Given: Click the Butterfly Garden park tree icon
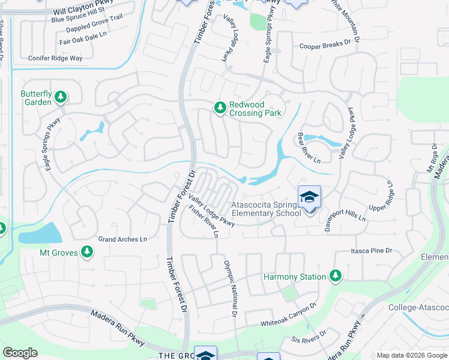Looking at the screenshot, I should pyautogui.click(x=61, y=96).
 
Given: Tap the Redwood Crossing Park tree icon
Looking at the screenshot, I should pyautogui.click(x=220, y=107).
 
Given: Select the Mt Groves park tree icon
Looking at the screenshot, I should pyautogui.click(x=88, y=253).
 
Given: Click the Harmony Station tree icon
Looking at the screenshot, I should pyautogui.click(x=335, y=276).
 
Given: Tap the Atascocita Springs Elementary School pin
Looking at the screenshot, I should pyautogui.click(x=309, y=198).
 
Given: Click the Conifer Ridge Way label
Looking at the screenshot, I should pyautogui.click(x=55, y=58).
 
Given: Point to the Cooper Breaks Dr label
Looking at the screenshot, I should pyautogui.click(x=325, y=45).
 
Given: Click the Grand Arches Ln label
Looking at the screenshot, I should pyautogui.click(x=122, y=239).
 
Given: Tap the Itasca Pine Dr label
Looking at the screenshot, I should pyautogui.click(x=372, y=251).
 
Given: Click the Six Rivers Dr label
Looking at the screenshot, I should pyautogui.click(x=309, y=338).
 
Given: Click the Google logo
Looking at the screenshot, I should pyautogui.click(x=20, y=352).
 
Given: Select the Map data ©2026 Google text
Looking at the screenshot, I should pyautogui.click(x=411, y=355).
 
